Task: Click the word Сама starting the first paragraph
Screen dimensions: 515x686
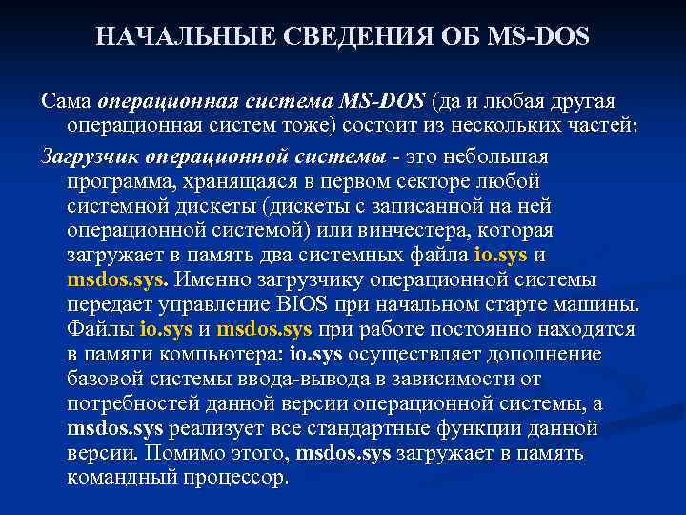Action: (x=66, y=100)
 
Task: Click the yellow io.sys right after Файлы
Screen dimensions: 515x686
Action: (x=166, y=330)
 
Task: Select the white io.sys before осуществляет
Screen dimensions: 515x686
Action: (x=315, y=355)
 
